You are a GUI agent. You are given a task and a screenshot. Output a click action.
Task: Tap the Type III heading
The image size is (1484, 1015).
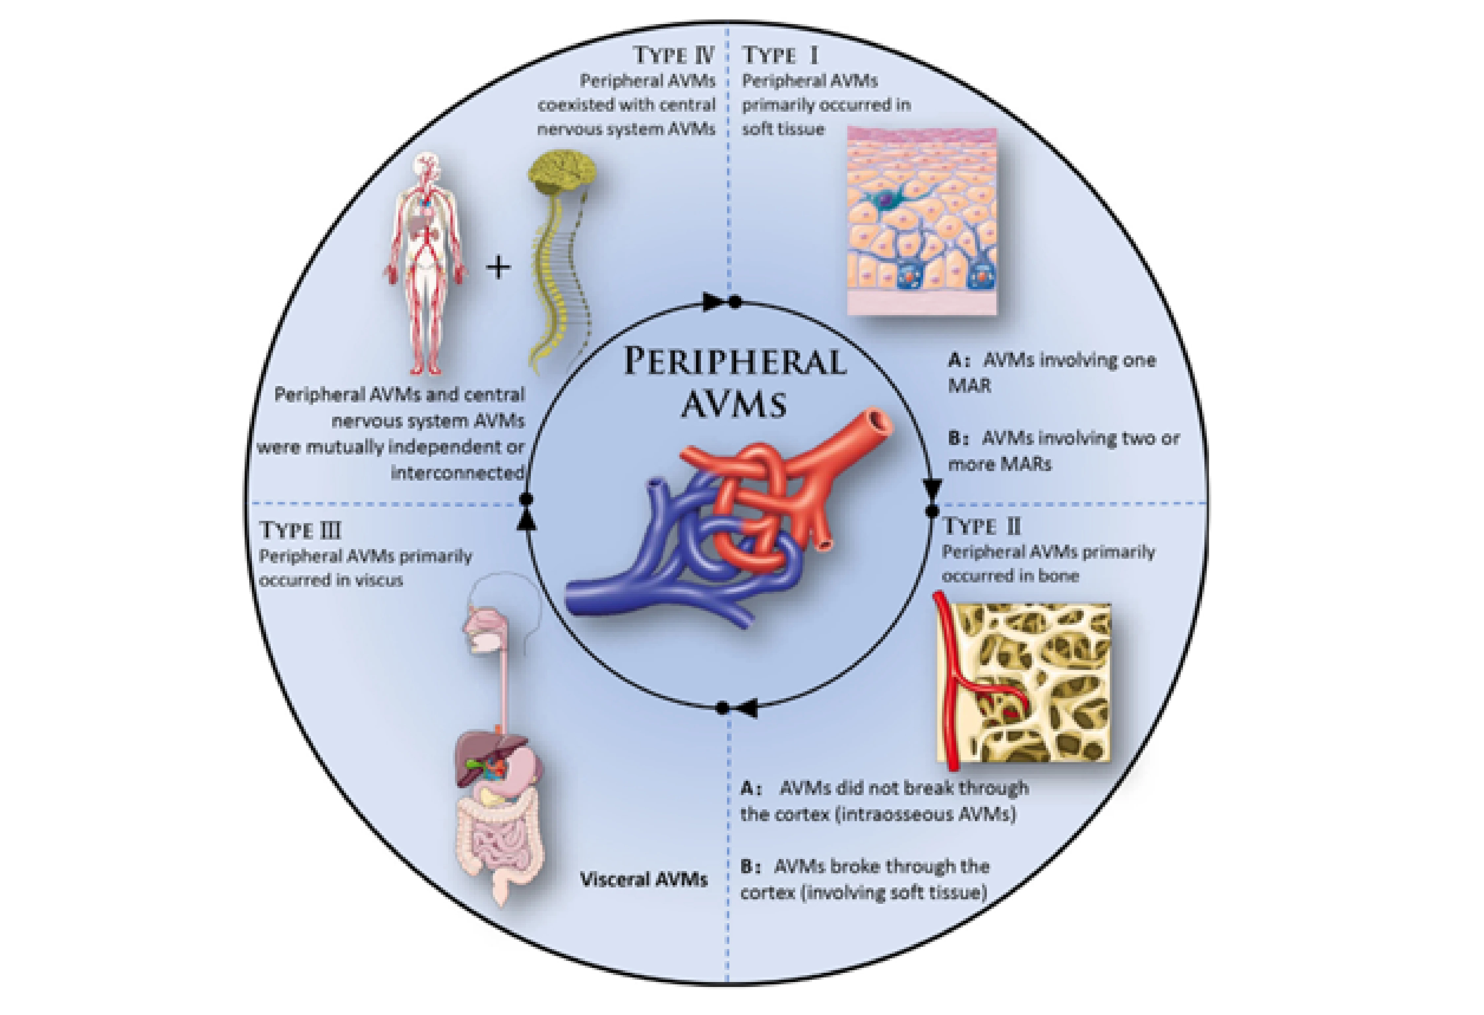300,530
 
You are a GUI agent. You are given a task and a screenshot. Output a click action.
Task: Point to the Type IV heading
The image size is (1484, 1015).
674,55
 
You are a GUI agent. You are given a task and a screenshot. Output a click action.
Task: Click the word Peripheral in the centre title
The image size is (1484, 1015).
734,362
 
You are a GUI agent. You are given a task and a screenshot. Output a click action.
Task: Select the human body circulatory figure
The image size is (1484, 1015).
425,262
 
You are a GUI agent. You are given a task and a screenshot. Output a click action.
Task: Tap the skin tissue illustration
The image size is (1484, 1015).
922,220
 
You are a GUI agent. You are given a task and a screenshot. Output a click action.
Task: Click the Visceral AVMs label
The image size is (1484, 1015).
644,880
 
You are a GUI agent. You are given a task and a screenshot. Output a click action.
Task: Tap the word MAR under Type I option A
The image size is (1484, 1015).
969,386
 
